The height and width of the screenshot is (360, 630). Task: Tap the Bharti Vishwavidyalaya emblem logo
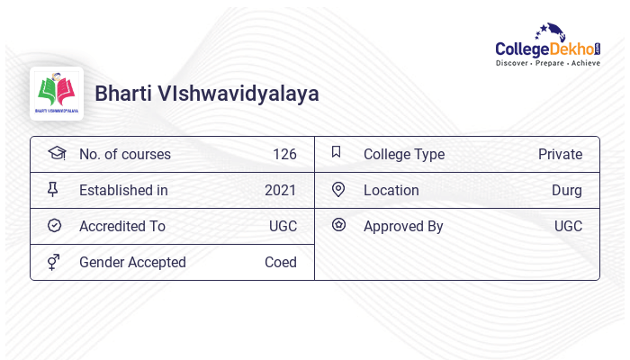pyautogui.click(x=57, y=94)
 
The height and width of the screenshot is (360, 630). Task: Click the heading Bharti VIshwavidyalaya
pyautogui.click(x=206, y=94)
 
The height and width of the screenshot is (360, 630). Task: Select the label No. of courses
pyautogui.click(x=124, y=154)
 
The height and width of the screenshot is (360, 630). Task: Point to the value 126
pyautogui.click(x=284, y=154)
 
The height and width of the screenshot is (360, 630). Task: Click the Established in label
pyautogui.click(x=123, y=190)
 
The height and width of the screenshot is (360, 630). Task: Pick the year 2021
pyautogui.click(x=281, y=190)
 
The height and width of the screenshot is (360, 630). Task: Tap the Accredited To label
pyautogui.click(x=122, y=226)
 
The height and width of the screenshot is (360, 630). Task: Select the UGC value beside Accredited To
pyautogui.click(x=283, y=226)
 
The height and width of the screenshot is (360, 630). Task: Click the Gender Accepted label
pyautogui.click(x=132, y=262)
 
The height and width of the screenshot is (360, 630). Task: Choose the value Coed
pyautogui.click(x=281, y=262)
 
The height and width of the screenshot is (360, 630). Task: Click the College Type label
pyautogui.click(x=404, y=154)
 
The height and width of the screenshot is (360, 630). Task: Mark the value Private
pyautogui.click(x=560, y=154)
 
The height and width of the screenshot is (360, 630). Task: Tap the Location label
pyautogui.click(x=391, y=190)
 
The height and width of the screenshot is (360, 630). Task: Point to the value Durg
pyautogui.click(x=567, y=190)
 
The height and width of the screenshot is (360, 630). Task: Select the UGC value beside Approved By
pyautogui.click(x=568, y=226)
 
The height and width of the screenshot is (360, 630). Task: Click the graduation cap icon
pyautogui.click(x=56, y=153)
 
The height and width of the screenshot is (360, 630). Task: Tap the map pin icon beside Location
pyautogui.click(x=338, y=189)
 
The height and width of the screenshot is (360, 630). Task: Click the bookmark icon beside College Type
pyautogui.click(x=337, y=152)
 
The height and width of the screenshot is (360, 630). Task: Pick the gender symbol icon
pyautogui.click(x=54, y=262)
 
